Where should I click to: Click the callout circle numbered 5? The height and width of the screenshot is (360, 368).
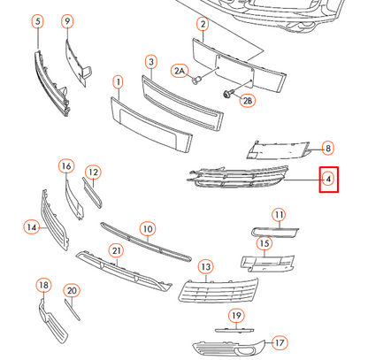click(37, 20)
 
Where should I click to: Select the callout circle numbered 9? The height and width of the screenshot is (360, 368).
click(68, 20)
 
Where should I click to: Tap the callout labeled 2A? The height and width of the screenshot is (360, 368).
click(180, 69)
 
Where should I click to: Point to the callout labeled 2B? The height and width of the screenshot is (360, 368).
click(248, 101)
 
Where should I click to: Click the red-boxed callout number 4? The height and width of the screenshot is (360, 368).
click(327, 180)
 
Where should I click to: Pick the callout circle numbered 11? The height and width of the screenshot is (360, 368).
click(279, 215)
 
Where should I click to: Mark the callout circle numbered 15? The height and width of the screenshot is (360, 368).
click(264, 243)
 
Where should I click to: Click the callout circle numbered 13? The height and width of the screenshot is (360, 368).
click(206, 265)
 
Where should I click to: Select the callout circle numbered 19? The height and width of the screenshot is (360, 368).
click(237, 316)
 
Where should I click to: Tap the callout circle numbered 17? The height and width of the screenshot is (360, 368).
click(280, 341)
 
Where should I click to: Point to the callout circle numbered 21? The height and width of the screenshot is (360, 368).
click(116, 250)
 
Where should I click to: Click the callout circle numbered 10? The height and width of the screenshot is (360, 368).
click(148, 229)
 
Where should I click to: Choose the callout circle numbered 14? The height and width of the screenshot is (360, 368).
click(32, 227)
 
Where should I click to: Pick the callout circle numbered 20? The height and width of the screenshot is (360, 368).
click(72, 290)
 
